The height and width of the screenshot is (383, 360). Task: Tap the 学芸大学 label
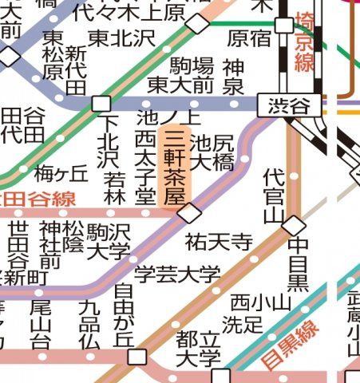click(x=176, y=275)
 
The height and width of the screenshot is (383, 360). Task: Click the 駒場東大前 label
click(x=180, y=74)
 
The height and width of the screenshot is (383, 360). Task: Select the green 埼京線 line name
click(x=304, y=40)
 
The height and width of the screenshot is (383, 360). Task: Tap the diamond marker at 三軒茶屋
click(x=189, y=213)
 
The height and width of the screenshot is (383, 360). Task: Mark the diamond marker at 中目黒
click(x=291, y=225)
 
